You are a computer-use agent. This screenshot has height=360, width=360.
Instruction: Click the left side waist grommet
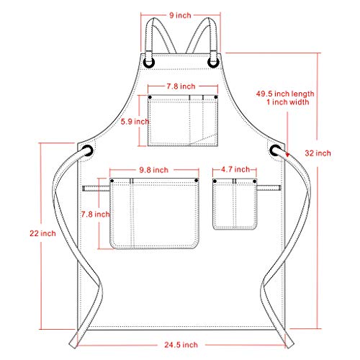pos(88,151)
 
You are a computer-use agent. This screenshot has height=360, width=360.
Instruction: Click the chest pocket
pos(184,120)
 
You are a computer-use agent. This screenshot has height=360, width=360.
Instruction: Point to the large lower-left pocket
pos(155,214)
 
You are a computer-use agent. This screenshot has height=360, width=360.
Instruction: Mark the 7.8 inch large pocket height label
pos(96,214)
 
